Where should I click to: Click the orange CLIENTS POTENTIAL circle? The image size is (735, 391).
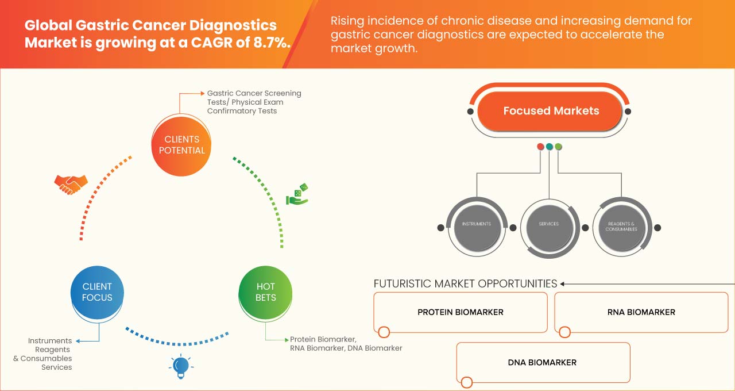[181, 145]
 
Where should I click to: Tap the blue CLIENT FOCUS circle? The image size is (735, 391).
[97, 292]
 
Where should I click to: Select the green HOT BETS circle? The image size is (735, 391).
[265, 292]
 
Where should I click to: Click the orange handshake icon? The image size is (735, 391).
[71, 184]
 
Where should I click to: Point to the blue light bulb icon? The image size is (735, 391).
[181, 366]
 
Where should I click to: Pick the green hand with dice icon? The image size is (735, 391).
[297, 195]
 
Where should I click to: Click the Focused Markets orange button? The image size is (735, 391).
[551, 111]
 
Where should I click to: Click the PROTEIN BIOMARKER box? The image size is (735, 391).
[460, 312]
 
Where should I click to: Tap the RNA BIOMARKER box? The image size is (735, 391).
[641, 312]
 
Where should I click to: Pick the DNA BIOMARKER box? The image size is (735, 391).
[543, 362]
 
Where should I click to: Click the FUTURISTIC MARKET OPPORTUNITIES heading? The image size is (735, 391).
[465, 283]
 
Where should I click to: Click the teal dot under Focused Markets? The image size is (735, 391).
[550, 147]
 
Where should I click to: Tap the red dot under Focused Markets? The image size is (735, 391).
[540, 147]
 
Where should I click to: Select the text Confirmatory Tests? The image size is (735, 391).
[242, 111]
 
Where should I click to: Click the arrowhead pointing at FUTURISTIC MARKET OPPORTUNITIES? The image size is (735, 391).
[563, 283]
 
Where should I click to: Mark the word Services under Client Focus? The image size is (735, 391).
[56, 367]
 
